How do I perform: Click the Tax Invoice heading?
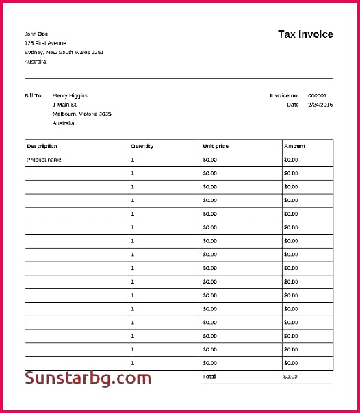(305, 34)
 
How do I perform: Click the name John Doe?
(36, 34)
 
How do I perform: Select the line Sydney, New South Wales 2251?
(64, 52)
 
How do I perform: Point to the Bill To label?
(33, 95)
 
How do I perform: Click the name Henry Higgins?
(70, 95)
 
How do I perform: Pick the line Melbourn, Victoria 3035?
(81, 114)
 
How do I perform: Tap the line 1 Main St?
(64, 105)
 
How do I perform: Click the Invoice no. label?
(284, 95)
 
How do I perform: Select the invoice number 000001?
(318, 95)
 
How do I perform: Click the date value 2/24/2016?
(320, 105)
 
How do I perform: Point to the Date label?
(293, 105)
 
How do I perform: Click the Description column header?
(42, 146)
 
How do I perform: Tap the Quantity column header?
(142, 146)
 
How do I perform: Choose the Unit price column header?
(216, 146)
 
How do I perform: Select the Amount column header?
(294, 146)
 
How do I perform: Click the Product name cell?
(44, 160)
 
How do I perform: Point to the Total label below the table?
(209, 377)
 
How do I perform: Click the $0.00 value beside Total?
(290, 377)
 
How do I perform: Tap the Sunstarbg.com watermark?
(88, 378)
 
